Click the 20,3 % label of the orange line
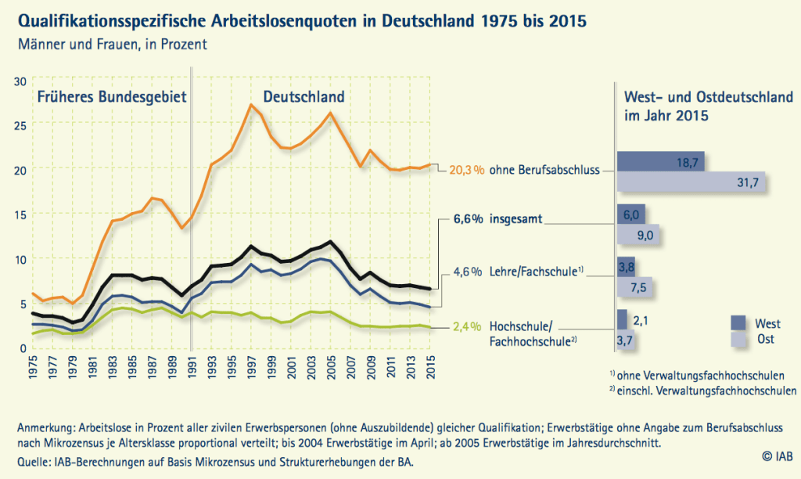point(466,169)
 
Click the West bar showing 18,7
point(661,161)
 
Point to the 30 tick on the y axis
point(20,80)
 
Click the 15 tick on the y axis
point(20,214)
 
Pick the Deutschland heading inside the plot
point(303,97)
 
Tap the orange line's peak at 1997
point(250,104)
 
